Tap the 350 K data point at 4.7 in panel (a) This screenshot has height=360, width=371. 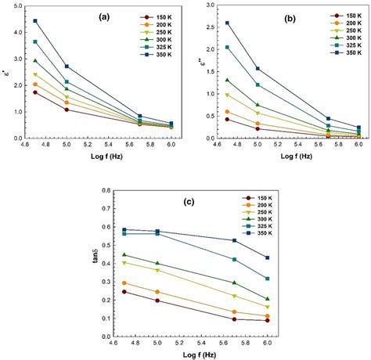point(35,21)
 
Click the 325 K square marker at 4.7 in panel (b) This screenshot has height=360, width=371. point(227,47)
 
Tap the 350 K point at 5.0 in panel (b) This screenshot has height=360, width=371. point(258,69)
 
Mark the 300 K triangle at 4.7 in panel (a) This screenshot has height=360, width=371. point(35,60)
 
